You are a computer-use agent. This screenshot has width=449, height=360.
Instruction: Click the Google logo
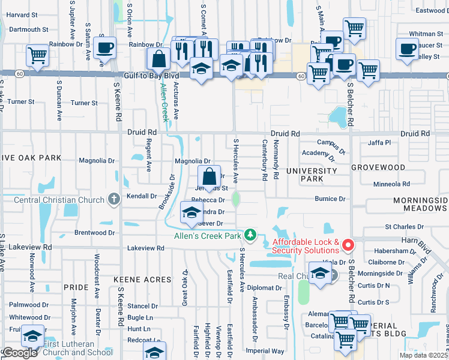pos(19,353)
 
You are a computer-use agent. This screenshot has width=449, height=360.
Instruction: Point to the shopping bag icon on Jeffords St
pos(209,178)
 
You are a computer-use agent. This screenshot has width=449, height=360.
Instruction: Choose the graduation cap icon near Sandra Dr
pos(191,214)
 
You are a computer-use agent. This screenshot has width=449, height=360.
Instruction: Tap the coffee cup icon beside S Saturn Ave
pos(105,48)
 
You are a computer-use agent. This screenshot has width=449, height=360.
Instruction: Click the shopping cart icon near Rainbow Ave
pos(37,55)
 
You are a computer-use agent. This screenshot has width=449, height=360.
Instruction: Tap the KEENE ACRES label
pos(143,280)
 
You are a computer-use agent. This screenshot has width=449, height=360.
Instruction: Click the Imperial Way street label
pos(264,350)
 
